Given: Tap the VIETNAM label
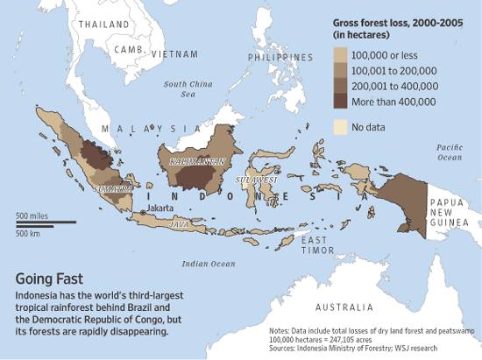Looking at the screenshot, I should (174, 54).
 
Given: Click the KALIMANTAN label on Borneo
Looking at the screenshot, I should (191, 161).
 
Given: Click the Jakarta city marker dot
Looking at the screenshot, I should (143, 212).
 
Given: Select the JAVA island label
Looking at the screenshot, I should (179, 225).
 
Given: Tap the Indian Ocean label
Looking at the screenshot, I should (209, 263).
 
